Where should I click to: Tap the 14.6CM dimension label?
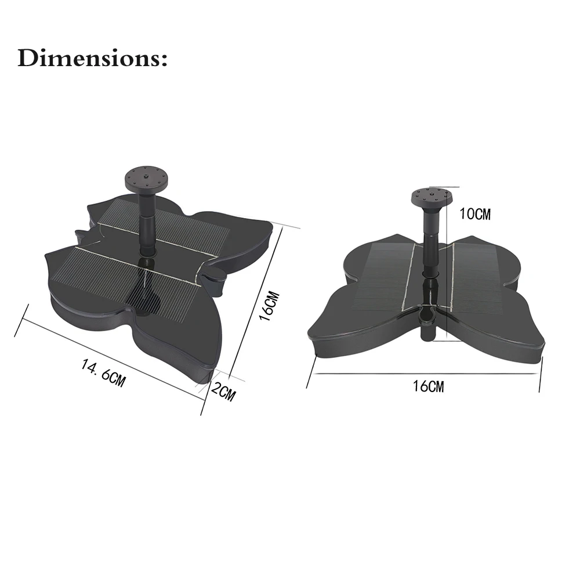tap(104, 374)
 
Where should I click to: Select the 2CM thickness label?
tap(223, 392)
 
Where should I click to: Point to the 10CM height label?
tap(474, 214)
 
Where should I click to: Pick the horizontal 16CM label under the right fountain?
tap(428, 386)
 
